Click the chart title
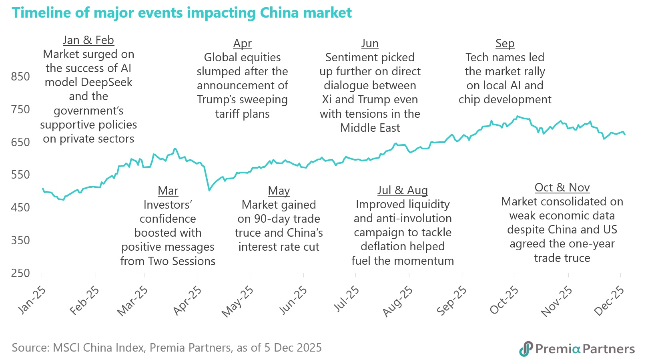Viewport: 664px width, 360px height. (182, 13)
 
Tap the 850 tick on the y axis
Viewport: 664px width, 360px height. (20, 76)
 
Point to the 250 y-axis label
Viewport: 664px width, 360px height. (20, 273)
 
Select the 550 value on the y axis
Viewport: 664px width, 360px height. (20, 175)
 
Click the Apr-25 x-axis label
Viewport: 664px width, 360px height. (187, 301)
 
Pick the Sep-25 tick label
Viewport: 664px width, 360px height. (451, 301)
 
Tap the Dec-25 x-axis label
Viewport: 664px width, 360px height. (609, 301)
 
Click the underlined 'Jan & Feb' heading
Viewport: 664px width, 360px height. (88, 40)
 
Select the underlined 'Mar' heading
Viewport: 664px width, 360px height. (168, 191)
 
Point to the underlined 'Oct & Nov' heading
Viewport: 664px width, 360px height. (562, 187)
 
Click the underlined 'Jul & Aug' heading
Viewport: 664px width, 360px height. (403, 190)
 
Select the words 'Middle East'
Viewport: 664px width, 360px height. (370, 128)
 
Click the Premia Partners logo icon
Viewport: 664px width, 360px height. (526, 348)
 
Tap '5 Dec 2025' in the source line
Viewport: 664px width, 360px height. (293, 348)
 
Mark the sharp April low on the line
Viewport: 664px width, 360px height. (209, 190)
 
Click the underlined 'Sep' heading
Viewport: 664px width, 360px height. (505, 43)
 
